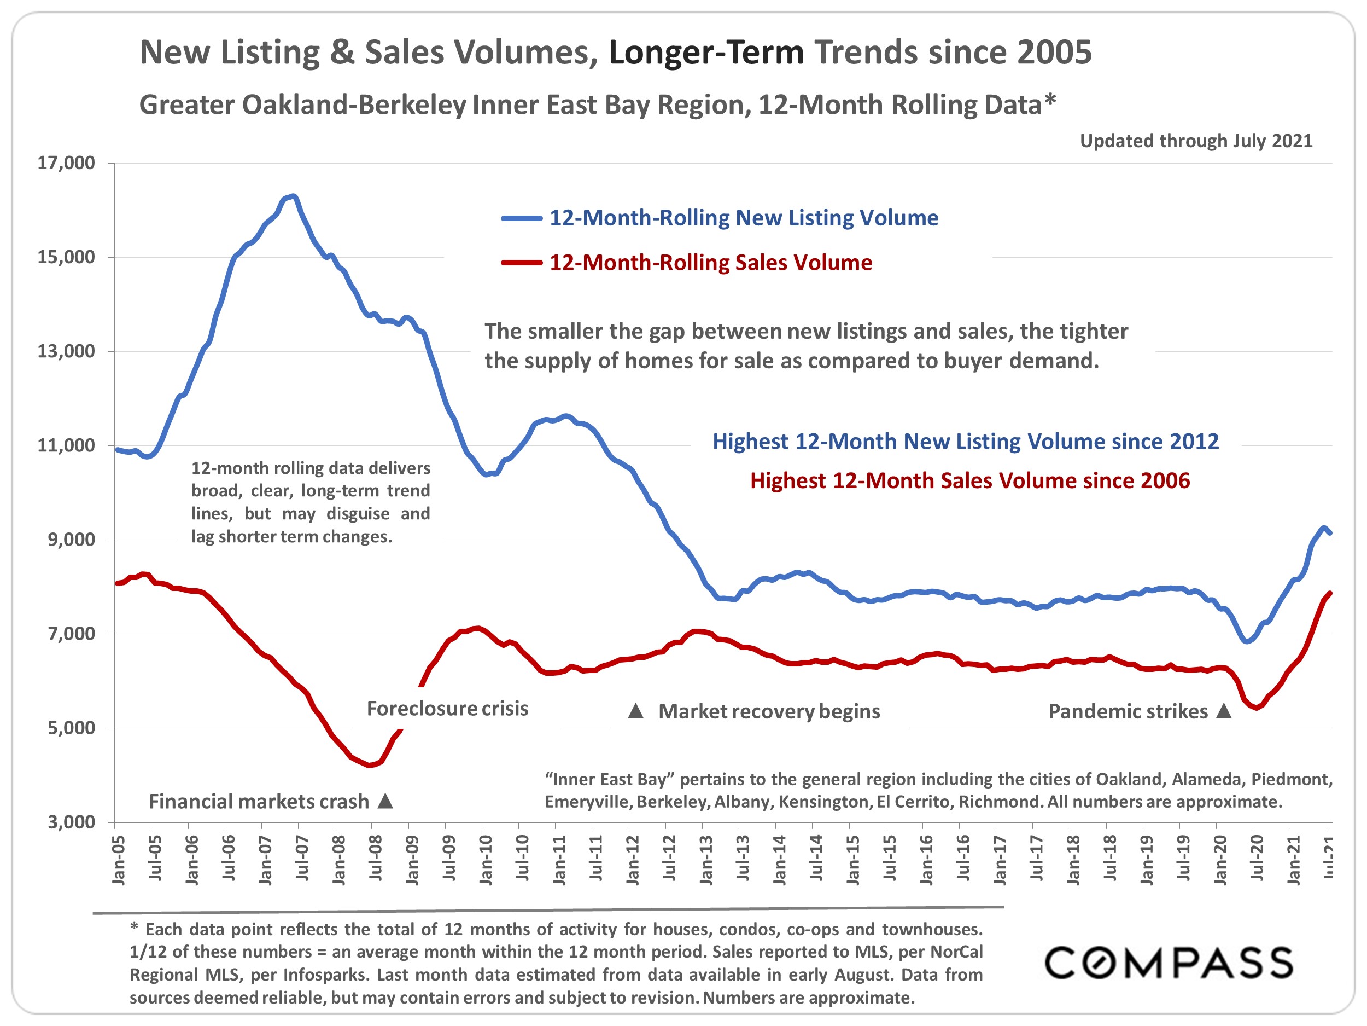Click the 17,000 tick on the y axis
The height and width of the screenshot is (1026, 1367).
(66, 163)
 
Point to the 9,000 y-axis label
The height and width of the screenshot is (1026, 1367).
(71, 540)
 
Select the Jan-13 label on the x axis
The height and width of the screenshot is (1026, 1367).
(706, 860)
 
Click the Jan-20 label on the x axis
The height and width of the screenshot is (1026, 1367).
(1220, 860)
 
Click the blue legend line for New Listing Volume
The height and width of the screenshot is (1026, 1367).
(521, 218)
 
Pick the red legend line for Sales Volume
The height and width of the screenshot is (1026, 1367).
(521, 263)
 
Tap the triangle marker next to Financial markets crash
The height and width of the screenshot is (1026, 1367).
(385, 801)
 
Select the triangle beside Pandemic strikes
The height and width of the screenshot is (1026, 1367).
(1224, 711)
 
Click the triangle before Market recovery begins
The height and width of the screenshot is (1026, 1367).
(636, 711)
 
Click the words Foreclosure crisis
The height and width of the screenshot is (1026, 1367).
(447, 709)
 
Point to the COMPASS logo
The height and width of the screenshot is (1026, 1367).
(1168, 963)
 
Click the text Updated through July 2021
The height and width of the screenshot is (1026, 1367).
(1196, 141)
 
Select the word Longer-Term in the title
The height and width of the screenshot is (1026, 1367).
(706, 53)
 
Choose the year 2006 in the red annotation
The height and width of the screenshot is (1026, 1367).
(1166, 481)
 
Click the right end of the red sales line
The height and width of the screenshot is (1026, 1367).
(1329, 593)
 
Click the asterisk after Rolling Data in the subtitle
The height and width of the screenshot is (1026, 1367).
(1050, 101)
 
